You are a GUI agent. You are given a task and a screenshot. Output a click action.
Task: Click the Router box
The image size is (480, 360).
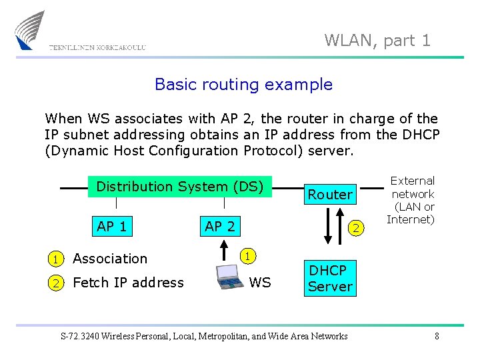click(x=329, y=195)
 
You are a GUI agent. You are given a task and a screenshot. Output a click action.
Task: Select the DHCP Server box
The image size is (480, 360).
click(x=329, y=279)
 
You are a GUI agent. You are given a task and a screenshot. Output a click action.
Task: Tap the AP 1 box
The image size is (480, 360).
click(x=112, y=227)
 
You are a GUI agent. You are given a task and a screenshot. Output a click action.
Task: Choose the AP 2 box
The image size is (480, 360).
click(x=220, y=227)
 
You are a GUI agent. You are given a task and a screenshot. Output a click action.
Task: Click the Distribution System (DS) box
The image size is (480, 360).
click(x=180, y=187)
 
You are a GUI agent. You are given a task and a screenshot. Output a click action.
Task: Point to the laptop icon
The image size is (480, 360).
click(x=231, y=279)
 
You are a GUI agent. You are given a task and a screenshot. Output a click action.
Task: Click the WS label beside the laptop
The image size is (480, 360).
click(x=260, y=283)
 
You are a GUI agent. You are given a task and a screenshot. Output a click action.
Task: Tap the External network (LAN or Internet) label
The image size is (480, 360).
click(x=412, y=200)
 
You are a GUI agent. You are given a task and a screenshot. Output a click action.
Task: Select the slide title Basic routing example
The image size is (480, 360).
click(x=243, y=85)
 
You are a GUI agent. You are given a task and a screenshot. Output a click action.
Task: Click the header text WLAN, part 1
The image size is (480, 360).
click(x=377, y=40)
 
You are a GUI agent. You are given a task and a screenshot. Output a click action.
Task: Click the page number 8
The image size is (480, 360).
click(x=437, y=336)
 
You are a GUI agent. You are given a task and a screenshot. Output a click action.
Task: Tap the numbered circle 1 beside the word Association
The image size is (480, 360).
click(x=57, y=259)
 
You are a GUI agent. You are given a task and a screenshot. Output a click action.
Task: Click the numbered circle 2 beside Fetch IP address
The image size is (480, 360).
click(x=57, y=283)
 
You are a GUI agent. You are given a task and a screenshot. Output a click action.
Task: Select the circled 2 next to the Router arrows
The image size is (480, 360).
click(x=356, y=229)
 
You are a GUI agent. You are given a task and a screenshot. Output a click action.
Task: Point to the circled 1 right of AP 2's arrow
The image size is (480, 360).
click(x=247, y=255)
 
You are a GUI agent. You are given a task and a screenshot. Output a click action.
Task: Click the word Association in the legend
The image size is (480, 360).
click(x=110, y=259)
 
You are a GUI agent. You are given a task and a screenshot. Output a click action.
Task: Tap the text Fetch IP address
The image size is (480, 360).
click(x=128, y=283)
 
